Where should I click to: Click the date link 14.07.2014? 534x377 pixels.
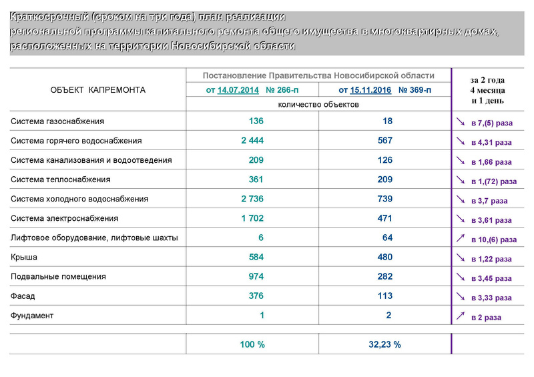click(x=238, y=90)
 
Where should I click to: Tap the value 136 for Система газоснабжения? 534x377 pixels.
click(x=256, y=121)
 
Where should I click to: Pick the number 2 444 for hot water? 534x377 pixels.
click(x=252, y=141)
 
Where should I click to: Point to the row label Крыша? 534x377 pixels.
click(x=24, y=257)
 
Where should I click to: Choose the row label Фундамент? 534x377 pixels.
click(x=32, y=315)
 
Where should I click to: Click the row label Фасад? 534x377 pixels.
click(x=23, y=296)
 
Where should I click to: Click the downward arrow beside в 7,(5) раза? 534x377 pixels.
click(x=461, y=122)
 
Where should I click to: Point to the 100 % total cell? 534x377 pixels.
click(x=252, y=345)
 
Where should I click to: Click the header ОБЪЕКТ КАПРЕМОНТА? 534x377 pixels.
click(x=97, y=90)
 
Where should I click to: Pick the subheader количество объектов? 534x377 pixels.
click(x=318, y=105)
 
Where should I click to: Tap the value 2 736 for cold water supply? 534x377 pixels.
click(x=252, y=199)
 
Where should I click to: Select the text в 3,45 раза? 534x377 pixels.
click(x=491, y=278)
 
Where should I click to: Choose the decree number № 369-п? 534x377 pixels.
click(x=415, y=90)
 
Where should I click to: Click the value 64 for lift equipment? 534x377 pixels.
click(x=387, y=238)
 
